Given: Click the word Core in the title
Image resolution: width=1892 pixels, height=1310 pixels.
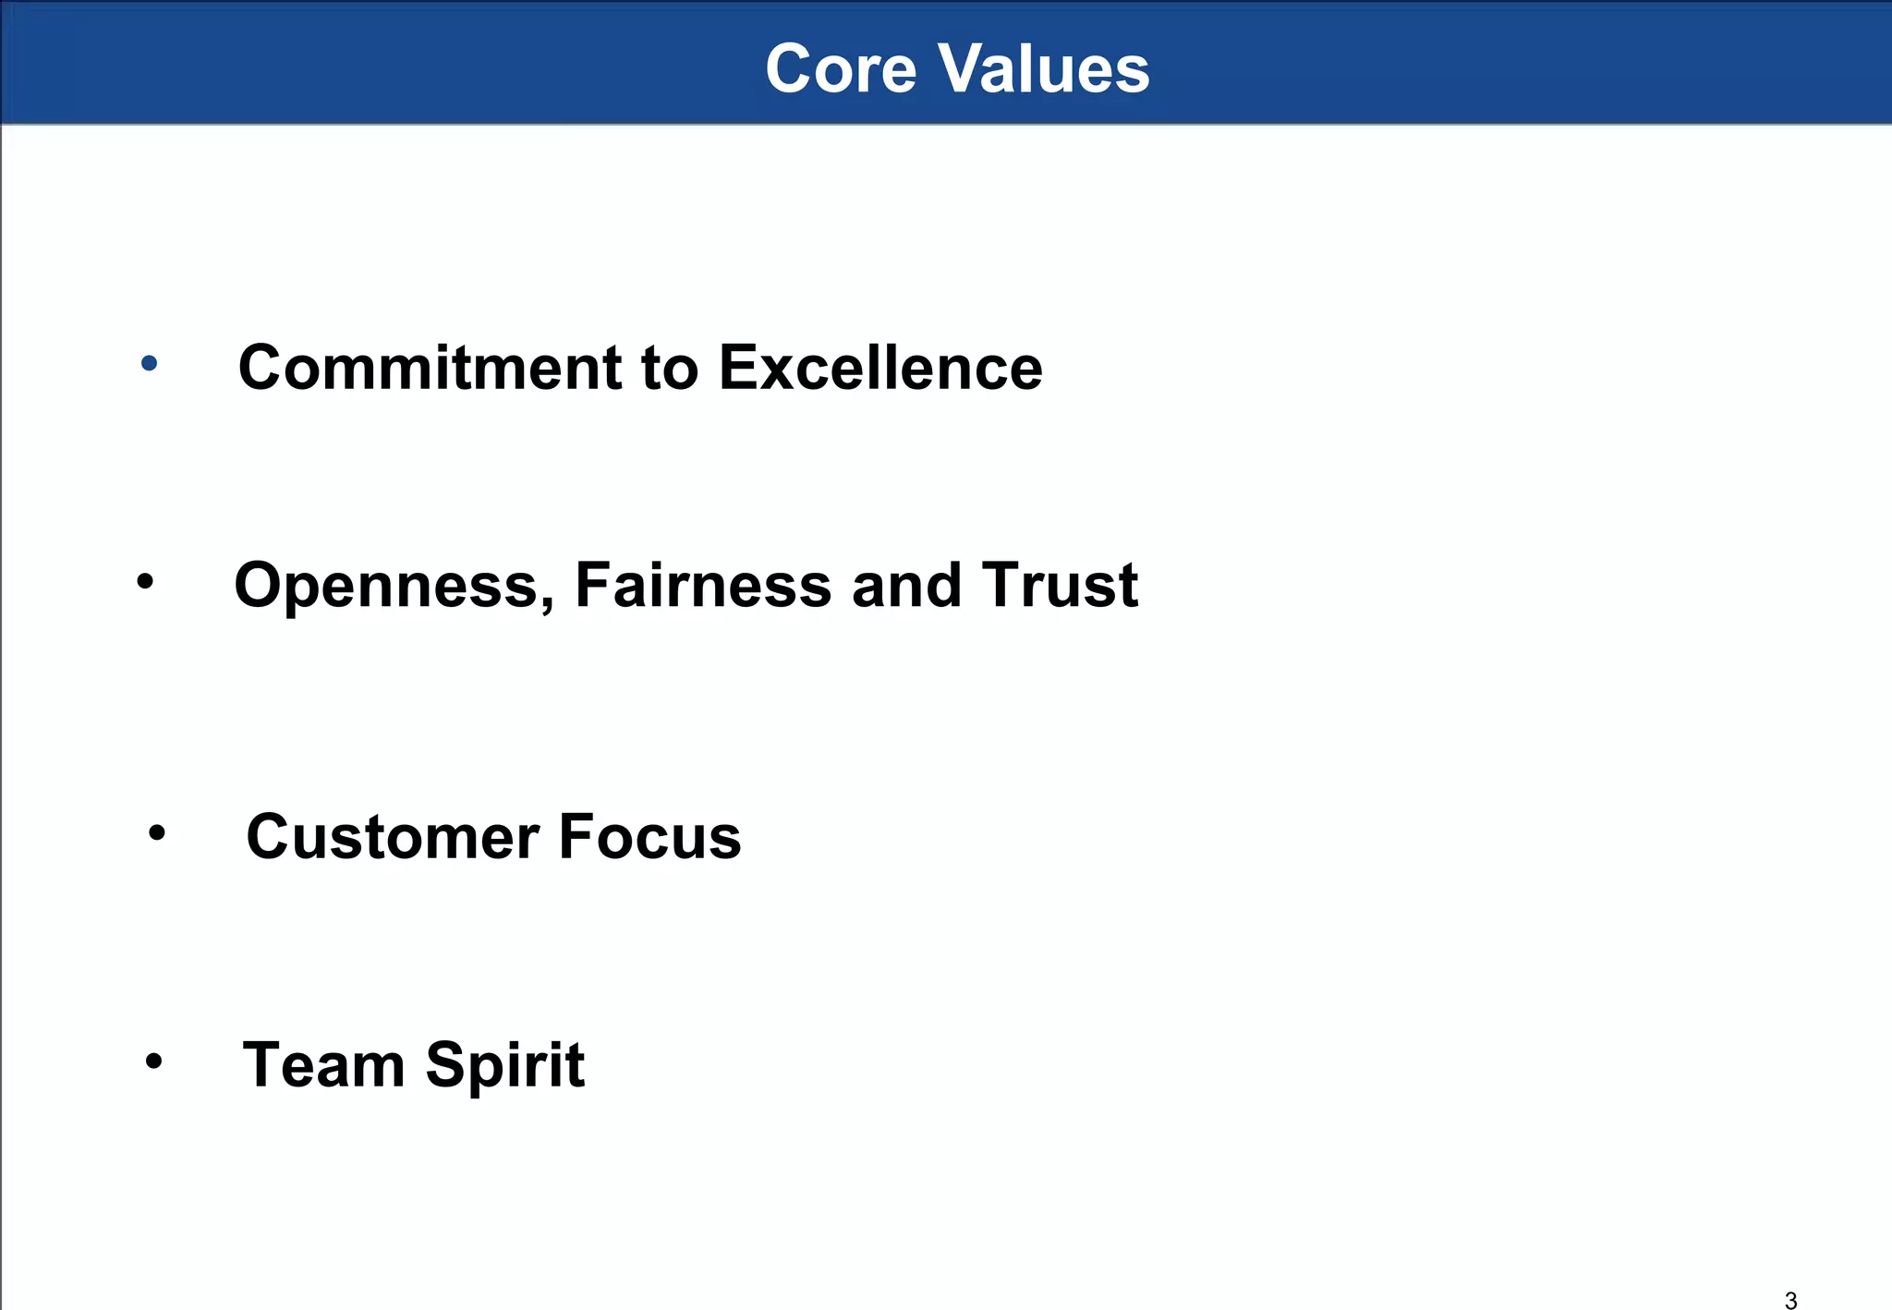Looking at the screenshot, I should coord(841,69).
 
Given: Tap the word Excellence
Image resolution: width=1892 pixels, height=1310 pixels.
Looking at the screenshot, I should coord(879,368).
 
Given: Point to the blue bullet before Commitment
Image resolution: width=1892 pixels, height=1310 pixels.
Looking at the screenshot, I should coord(149,364).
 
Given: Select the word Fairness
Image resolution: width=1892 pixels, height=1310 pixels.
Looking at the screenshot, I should coord(702,586).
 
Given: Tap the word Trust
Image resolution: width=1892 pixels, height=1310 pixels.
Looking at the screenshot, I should coord(1059,586).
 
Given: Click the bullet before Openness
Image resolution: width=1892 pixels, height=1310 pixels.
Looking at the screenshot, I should coord(145,582).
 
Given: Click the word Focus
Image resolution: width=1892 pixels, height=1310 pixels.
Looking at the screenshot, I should coord(649,837).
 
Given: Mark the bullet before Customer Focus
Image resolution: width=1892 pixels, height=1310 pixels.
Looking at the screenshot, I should coord(157,833).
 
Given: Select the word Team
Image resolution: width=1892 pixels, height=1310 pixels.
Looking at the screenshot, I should coord(323,1065).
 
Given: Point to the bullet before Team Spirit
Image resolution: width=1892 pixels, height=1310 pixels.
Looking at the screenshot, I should coord(153,1061).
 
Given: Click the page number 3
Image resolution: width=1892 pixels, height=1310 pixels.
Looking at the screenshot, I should coord(1790,1300).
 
